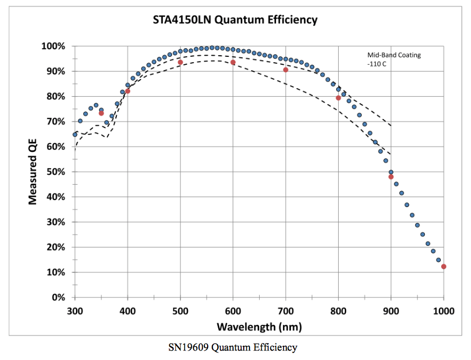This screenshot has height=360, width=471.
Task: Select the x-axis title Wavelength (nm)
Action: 259,324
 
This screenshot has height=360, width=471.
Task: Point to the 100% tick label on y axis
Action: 53,46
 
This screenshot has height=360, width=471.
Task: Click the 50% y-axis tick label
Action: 55,172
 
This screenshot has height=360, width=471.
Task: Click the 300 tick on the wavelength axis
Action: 75,310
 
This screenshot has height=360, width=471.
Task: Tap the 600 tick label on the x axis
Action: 233,310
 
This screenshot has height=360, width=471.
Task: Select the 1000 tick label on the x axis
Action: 443,310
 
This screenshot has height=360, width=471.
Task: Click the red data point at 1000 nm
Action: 443,267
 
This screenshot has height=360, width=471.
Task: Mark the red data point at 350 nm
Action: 101,113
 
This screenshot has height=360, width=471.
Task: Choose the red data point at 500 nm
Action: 181,62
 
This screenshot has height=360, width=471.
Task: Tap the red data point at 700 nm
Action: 286,70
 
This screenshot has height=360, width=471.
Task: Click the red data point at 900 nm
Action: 391,177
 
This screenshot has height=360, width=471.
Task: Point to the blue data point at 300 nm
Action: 75,134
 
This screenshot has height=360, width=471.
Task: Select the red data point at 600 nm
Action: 233,62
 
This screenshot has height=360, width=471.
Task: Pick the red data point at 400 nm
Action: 127,91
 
